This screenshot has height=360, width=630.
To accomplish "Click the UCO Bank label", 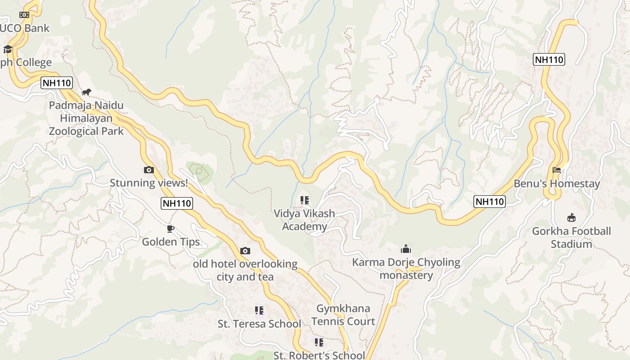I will tap(25, 28).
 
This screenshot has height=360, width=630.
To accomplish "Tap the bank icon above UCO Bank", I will tap(24, 15).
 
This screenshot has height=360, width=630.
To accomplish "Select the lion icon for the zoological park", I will tap(86, 92).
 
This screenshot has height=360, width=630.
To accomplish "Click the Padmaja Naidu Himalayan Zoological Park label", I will tap(86, 118).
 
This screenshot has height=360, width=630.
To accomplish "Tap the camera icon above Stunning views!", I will tap(149, 170).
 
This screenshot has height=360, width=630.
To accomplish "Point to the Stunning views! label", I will tap(149, 183).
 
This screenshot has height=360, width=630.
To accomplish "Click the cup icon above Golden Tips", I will tap(171, 229).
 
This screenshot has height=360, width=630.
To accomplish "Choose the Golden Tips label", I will tap(171, 242).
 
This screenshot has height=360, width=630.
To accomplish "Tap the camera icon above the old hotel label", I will tap(245, 251).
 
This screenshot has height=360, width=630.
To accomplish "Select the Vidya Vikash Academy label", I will tap(305, 220).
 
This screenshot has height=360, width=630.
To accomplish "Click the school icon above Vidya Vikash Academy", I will tap(305, 200).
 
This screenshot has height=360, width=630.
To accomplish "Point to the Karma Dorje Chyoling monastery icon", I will tap(406, 249).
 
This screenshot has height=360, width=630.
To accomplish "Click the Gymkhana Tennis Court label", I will tap(343, 315).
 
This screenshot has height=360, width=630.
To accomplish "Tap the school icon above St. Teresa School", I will tap(259, 310).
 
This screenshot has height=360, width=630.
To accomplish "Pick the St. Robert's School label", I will tap(319, 355).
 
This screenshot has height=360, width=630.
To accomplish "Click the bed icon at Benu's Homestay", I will tap(557, 170).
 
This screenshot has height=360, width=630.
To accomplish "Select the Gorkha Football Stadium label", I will tap(571, 238).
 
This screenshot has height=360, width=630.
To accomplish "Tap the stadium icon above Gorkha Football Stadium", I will tap(571, 218).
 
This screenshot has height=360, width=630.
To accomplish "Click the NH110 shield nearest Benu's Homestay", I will tap(490, 201).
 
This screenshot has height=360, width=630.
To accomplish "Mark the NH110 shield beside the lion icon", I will tap(57, 83).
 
